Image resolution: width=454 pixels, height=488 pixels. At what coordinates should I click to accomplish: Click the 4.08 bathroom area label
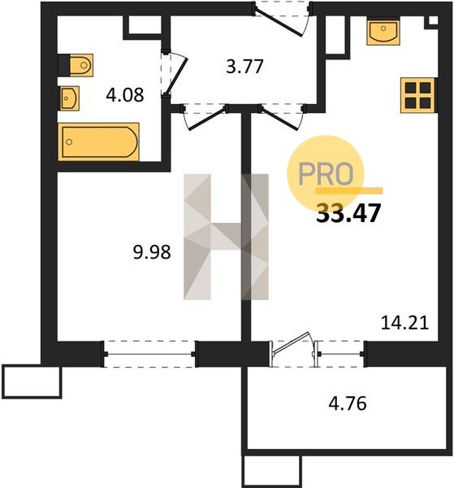coord(125,95)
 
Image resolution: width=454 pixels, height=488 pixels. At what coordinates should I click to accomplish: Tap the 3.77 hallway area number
coord(245,67)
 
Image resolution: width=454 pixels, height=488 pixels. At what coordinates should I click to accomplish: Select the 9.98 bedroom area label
coord(152,252)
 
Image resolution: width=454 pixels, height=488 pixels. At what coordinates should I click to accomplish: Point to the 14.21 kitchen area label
coord(405,323)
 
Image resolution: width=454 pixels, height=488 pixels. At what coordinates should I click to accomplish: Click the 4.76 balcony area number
coord(348,403)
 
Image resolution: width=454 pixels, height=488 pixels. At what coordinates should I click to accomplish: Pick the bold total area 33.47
coord(348,213)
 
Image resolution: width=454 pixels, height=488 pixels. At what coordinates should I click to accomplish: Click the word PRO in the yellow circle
coord(326,174)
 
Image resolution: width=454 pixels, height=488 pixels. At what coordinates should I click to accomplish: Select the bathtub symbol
coord(98,142)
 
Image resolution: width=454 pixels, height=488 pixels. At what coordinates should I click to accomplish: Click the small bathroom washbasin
coord(69,98)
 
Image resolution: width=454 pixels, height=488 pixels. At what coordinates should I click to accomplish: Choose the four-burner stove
coord(418,95)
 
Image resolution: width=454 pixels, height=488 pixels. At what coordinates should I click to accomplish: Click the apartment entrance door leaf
coord(279,24)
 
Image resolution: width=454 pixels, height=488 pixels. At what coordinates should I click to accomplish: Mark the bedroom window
coord(149,354)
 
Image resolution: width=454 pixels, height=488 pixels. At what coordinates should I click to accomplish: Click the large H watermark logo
coord(226,237)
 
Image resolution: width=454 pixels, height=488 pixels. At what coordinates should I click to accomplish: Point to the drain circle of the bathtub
coord(69,142)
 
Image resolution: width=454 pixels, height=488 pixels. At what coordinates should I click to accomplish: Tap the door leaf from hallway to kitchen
coord(279,119)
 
